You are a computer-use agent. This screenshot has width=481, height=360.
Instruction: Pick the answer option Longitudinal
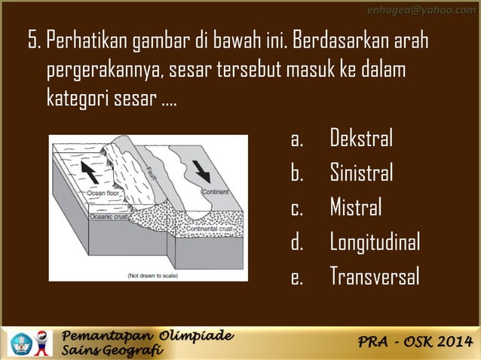(x=374, y=242)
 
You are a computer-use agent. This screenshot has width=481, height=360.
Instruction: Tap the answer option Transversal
(x=374, y=276)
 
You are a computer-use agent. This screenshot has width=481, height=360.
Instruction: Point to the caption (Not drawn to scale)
(x=152, y=276)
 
